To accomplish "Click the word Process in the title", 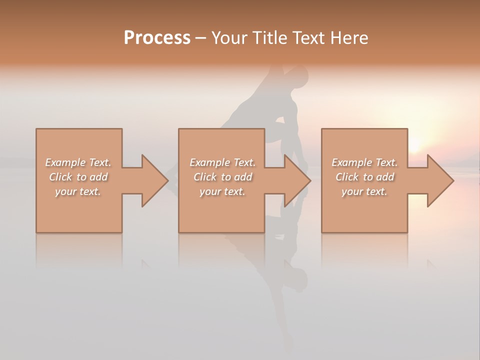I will point(157,38).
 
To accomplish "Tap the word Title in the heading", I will point(270,38).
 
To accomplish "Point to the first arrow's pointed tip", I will point(167,180).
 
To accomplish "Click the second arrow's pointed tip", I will point(310,180).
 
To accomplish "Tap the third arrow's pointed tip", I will point(453,180).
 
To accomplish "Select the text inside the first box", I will point(78,177).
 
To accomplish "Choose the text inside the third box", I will point(364,177).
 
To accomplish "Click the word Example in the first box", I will point(65,162).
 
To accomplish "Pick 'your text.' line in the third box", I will point(364,191).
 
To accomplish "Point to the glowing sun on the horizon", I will point(414,144).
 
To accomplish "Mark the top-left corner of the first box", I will point(36,129).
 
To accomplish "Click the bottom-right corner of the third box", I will point(407,232).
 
